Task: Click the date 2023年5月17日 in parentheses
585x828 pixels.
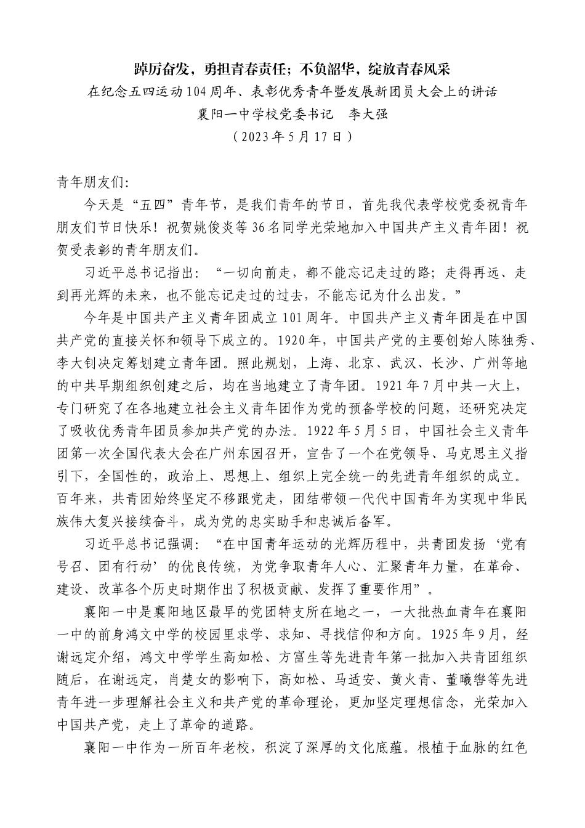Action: click(292, 137)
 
